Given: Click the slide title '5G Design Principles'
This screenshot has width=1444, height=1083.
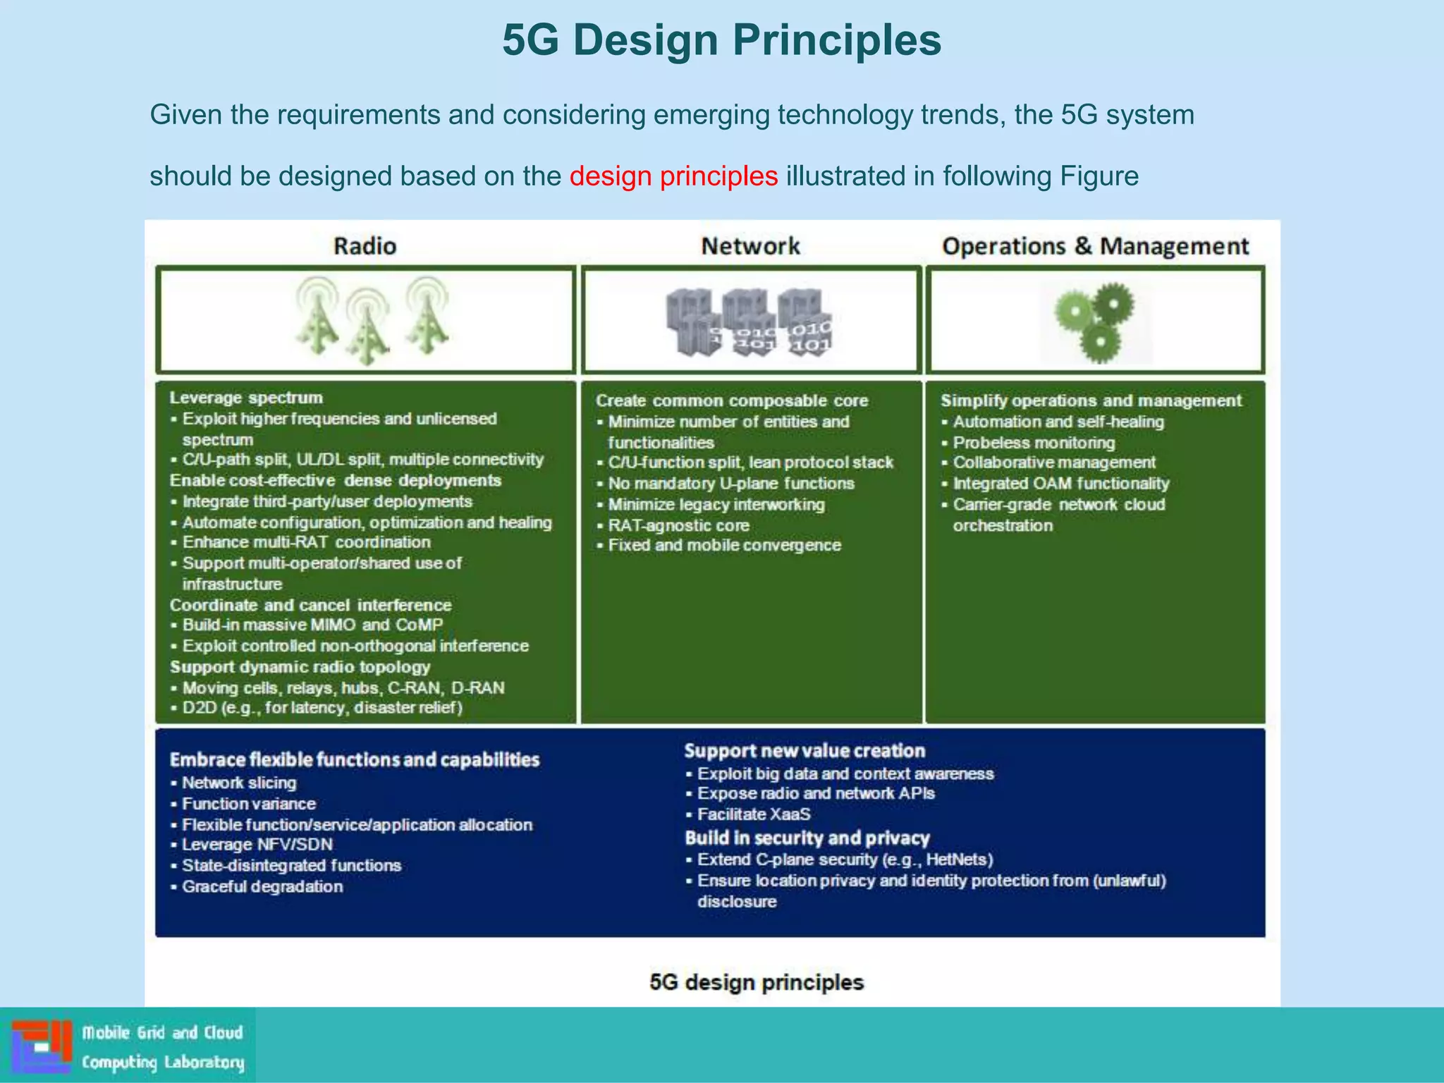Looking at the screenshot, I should pos(721,40).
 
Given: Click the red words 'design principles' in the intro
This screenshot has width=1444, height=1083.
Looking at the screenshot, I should pos(673,176).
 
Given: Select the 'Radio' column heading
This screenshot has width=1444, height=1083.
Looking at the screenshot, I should pos(365,246).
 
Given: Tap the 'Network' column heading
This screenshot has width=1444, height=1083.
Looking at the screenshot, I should pos(750,246).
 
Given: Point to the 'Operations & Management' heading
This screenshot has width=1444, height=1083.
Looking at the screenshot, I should pos(1095,246).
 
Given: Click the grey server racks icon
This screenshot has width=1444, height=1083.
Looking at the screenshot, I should pos(749,322).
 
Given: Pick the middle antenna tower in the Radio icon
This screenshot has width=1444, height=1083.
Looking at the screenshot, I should pos(367,327).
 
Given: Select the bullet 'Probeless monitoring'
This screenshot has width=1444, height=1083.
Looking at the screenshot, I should pos(1034,443).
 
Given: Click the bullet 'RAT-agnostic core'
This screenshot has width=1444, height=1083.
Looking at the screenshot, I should pos(678,525).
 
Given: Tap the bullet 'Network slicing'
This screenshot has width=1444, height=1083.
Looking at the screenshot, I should pos(239,783).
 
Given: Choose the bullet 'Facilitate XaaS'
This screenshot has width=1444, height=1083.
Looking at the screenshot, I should pos(754,814).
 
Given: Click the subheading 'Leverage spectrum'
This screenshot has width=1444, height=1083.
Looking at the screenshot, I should pos(246,398).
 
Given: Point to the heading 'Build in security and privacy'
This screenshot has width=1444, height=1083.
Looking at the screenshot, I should pos(807,838).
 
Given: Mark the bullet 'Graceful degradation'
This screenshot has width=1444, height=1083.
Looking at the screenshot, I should pos(262,886).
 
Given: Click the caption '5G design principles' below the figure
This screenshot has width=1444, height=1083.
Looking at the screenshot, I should pos(757,982).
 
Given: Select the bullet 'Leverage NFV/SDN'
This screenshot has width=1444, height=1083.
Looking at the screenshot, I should pos(257,845).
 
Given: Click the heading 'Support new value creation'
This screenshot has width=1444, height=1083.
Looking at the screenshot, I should pos(804,751).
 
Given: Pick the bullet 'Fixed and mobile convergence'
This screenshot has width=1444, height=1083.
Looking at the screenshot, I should pos(724,545).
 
